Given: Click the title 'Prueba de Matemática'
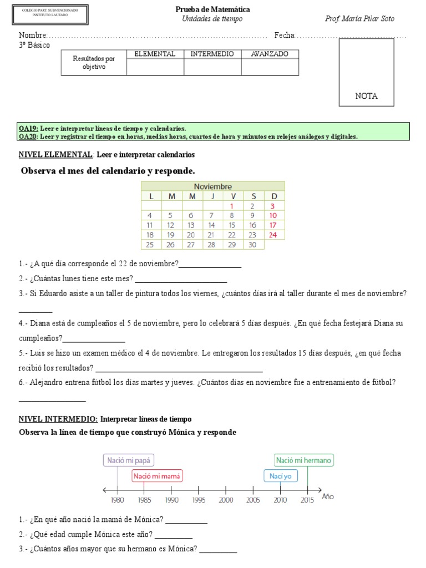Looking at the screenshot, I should click(212, 9).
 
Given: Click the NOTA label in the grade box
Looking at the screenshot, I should click(366, 96).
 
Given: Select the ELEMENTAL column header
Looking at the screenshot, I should click(155, 54).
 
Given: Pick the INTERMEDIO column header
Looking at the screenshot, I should click(212, 54).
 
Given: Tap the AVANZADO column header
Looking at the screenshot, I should click(270, 54).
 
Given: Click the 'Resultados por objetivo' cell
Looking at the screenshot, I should click(94, 63).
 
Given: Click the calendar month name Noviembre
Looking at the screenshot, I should click(213, 186).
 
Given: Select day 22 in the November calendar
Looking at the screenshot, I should click(232, 235).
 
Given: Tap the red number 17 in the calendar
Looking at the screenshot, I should click(273, 225).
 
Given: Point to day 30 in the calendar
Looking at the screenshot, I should click(252, 245).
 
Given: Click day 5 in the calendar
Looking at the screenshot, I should click(171, 215).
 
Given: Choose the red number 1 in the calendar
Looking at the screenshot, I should click(232, 206).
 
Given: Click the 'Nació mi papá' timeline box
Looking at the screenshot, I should click(128, 460).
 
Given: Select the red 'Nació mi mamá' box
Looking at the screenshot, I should click(157, 476).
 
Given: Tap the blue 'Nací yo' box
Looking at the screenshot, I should click(280, 476).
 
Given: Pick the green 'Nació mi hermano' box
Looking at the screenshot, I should click(304, 460).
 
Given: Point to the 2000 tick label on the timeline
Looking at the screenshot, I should click(226, 500).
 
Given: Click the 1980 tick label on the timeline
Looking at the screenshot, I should click(117, 500).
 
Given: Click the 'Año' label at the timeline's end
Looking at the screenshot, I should click(328, 496).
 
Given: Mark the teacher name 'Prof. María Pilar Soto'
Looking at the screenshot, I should click(359, 19).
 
